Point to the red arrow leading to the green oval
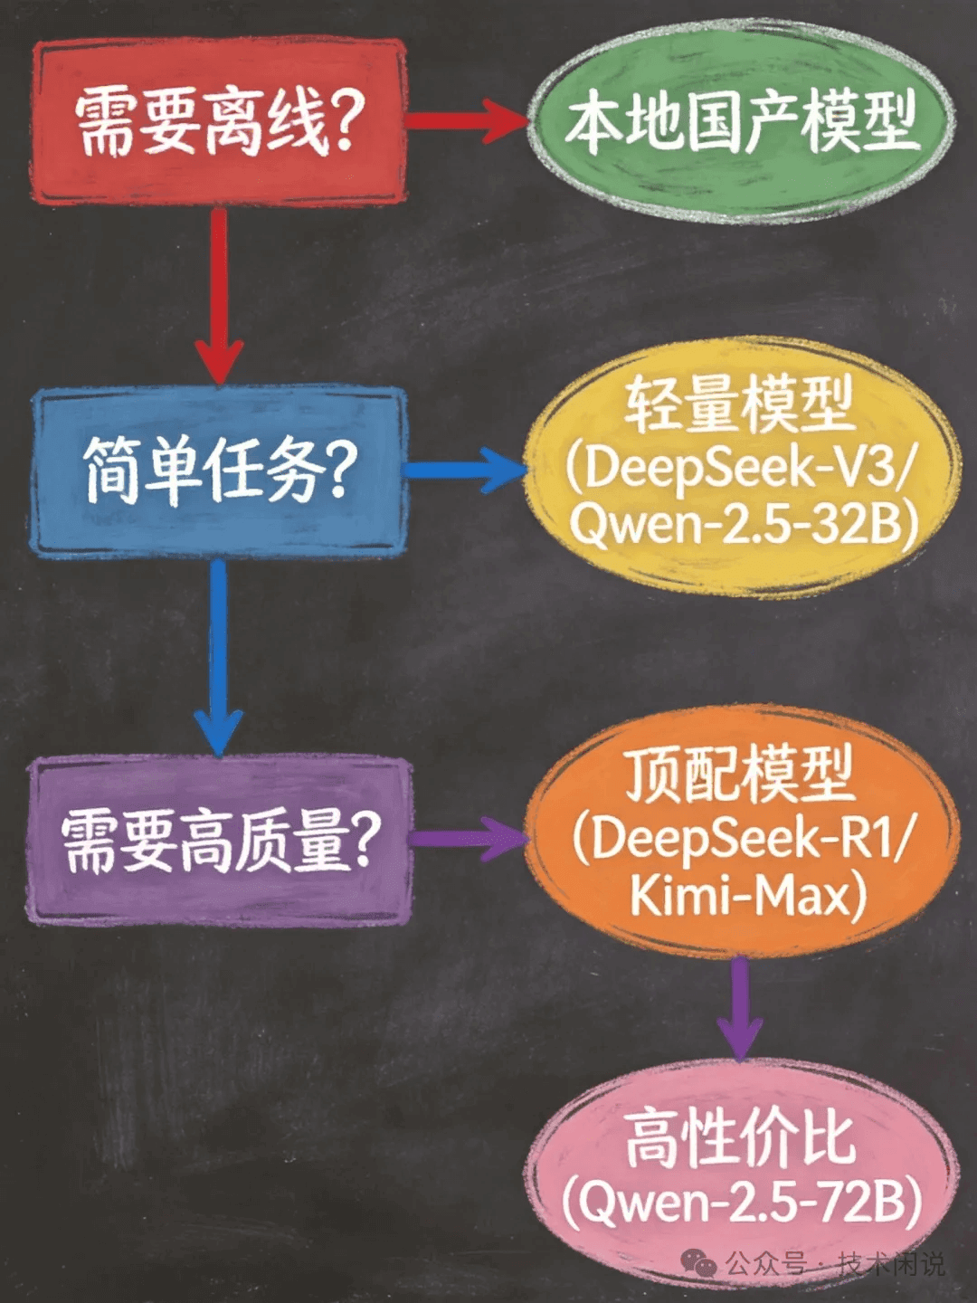point(467,121)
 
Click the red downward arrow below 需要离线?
point(220,295)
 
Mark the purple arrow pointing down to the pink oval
point(739,1009)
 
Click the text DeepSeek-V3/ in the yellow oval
point(739,470)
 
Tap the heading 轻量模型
point(740,404)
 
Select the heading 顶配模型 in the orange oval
point(741,774)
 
